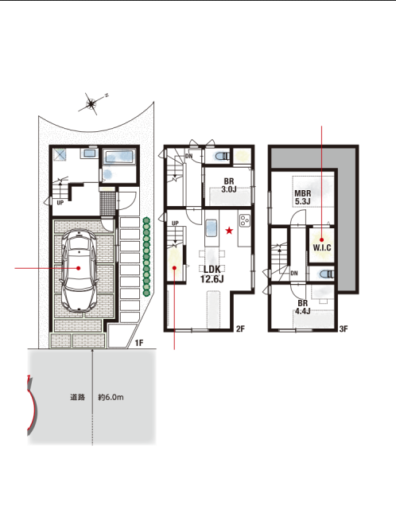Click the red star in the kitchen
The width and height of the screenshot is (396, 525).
click(x=229, y=231)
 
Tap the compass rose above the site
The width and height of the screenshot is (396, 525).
click(x=91, y=103)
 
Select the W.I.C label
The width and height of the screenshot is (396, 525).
click(x=322, y=247)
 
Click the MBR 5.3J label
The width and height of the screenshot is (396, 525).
click(x=303, y=197)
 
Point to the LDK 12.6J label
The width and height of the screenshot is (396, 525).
click(x=212, y=274)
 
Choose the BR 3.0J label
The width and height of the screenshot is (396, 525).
click(x=229, y=185)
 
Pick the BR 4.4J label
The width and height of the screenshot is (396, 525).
click(x=303, y=307)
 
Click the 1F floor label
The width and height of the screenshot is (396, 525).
click(x=139, y=343)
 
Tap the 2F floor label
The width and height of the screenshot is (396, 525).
click(x=240, y=329)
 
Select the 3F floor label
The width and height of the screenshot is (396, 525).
click(x=344, y=329)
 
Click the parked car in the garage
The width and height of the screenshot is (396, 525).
click(x=80, y=270)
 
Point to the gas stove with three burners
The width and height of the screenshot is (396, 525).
click(x=245, y=220)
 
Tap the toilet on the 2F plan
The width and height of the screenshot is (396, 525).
click(x=223, y=157)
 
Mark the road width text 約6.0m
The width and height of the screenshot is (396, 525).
click(x=111, y=398)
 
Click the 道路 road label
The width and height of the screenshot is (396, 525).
click(x=77, y=398)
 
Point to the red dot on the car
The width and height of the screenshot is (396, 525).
click(x=79, y=268)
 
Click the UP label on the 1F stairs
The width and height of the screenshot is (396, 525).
click(x=60, y=203)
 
